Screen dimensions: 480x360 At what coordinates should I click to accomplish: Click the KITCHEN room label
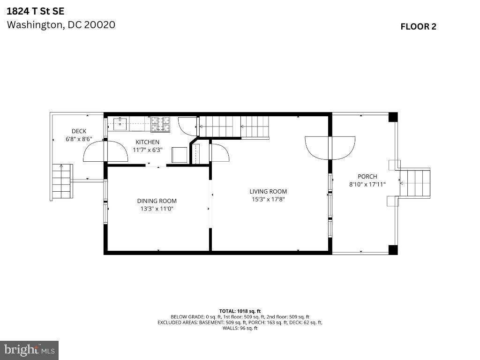click(147, 142)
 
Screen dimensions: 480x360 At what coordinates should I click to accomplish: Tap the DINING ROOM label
click(157, 201)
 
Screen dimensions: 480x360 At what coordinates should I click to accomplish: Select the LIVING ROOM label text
click(268, 192)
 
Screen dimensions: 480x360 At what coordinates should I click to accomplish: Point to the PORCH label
click(367, 177)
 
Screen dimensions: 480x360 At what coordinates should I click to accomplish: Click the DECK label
click(79, 131)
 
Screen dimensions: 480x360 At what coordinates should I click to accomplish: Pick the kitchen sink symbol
click(120, 124)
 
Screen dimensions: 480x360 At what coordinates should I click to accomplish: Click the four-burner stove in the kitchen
click(161, 125)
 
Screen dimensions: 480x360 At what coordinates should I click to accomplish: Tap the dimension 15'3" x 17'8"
click(268, 199)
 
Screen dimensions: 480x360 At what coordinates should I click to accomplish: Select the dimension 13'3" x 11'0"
click(157, 209)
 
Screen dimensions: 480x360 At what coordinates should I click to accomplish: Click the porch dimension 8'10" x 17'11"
click(367, 184)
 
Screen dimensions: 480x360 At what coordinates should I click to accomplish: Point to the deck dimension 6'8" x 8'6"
click(79, 139)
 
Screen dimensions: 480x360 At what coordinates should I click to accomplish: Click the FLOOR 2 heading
click(419, 27)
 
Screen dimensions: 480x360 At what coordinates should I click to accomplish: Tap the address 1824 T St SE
click(36, 11)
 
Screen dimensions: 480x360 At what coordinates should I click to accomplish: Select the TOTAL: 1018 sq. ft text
click(240, 311)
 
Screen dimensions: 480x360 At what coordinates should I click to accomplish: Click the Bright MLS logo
click(30, 350)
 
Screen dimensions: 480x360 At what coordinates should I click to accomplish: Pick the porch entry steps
click(415, 183)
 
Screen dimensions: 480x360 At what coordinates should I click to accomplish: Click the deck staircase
click(62, 181)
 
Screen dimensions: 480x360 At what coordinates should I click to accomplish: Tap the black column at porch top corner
click(393, 117)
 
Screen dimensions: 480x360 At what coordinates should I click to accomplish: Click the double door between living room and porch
click(330, 148)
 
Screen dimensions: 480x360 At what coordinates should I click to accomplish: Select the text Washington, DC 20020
click(61, 25)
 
